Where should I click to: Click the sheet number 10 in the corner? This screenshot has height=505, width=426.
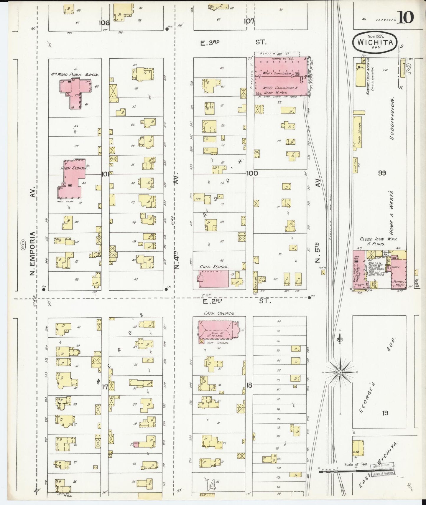tap(406, 17)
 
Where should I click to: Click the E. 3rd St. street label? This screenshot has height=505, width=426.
tap(233, 43)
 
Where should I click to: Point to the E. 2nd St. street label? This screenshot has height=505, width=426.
tap(236, 301)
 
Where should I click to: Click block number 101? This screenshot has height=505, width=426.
tap(105, 174)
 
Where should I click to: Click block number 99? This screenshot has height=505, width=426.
tap(382, 173)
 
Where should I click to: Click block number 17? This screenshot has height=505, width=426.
tap(105, 387)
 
